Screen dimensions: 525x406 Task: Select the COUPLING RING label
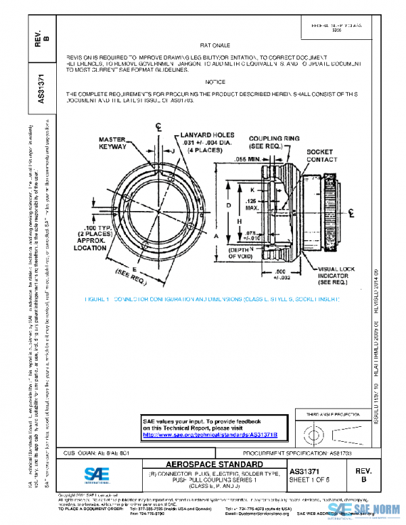[273, 142]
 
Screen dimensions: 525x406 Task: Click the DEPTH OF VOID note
[242, 252]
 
